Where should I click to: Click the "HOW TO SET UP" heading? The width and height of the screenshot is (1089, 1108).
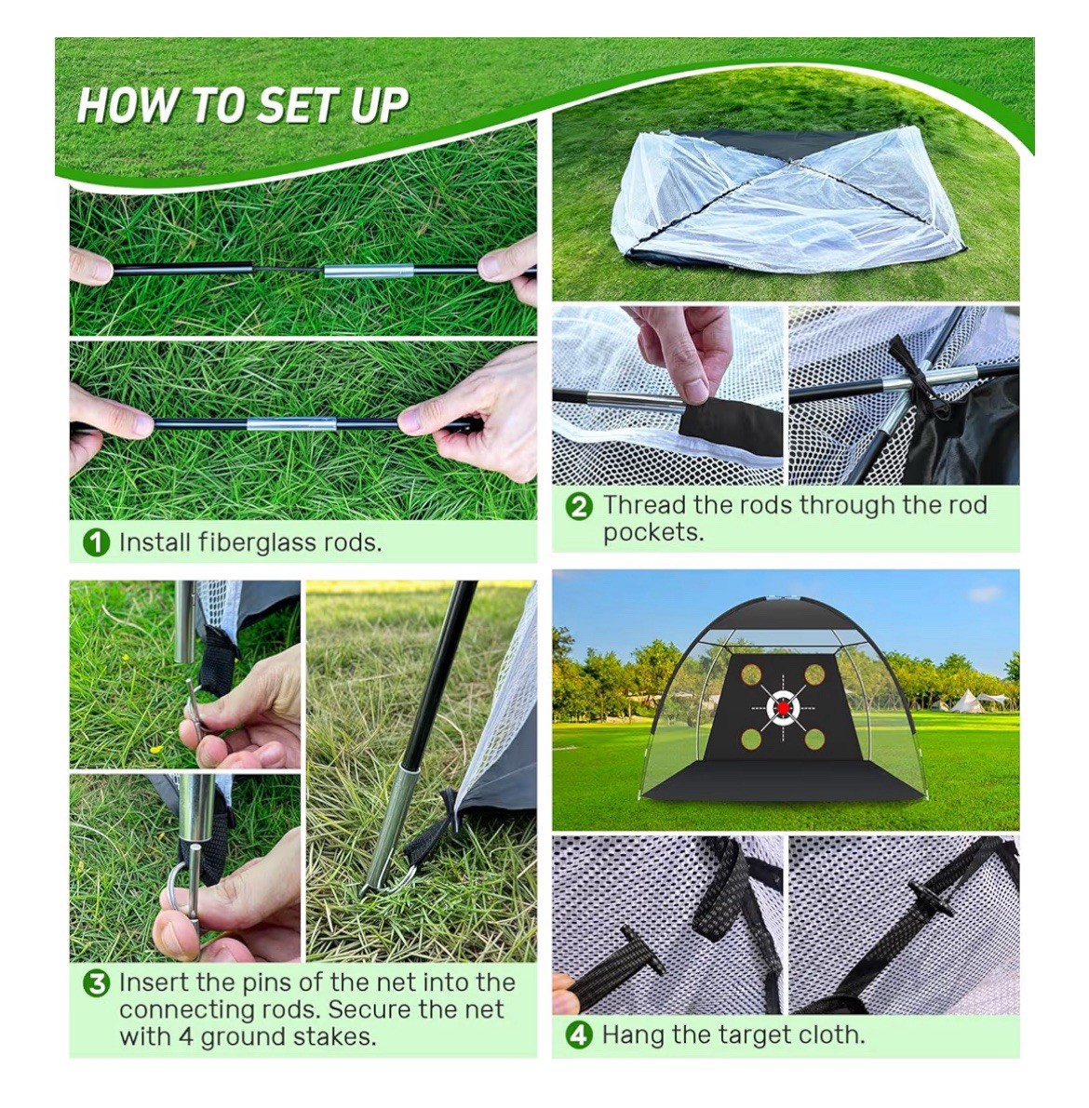click(243, 105)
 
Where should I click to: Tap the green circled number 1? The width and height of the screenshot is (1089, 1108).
click(96, 542)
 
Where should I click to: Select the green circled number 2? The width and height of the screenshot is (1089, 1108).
click(579, 507)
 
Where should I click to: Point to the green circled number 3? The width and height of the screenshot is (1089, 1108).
click(96, 983)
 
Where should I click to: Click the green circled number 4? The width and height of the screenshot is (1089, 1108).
click(579, 1035)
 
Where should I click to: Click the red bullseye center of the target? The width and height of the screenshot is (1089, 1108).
click(783, 708)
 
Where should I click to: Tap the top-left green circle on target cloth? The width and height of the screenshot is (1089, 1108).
click(751, 674)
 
